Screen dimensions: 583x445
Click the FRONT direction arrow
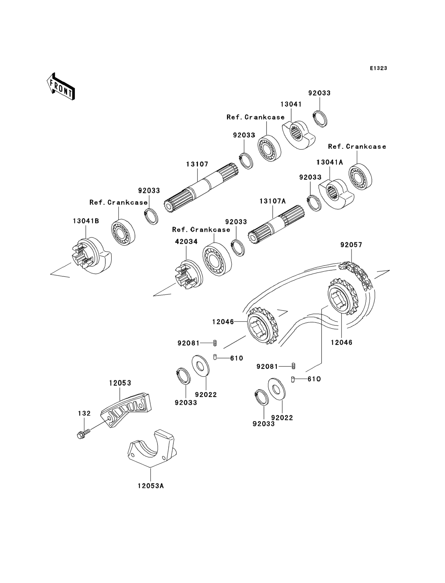[61, 87]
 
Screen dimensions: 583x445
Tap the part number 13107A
[273, 201]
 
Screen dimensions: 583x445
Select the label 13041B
[86, 221]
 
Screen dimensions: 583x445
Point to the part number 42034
[186, 242]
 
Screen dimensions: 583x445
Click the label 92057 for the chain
[351, 245]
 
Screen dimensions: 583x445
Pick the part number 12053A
[150, 486]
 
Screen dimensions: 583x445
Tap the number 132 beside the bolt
[84, 413]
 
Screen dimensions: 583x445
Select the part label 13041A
[330, 162]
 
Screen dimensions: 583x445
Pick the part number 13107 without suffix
[197, 164]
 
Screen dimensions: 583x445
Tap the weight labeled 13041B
[91, 256]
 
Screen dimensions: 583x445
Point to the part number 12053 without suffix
[120, 383]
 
